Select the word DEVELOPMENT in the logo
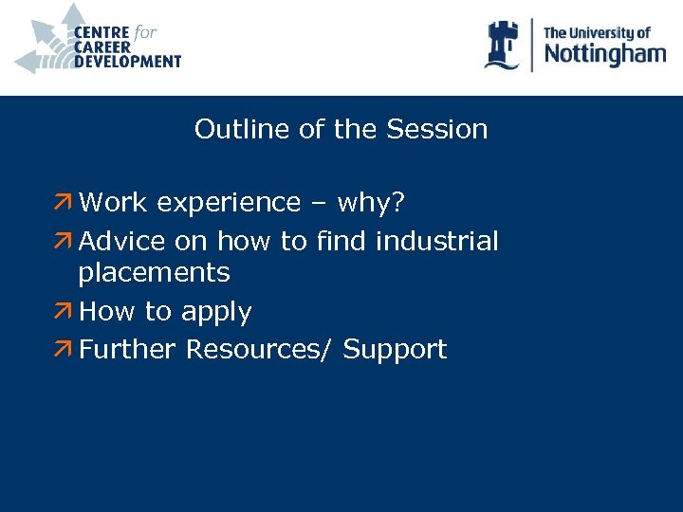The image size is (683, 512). click(127, 62)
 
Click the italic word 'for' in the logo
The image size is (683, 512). click(145, 32)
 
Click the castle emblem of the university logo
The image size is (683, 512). click(502, 45)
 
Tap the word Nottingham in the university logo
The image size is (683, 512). click(604, 54)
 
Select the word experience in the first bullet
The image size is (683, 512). click(229, 203)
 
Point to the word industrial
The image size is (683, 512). click(436, 242)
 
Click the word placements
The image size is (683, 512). click(154, 273)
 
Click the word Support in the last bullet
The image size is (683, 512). click(395, 350)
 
